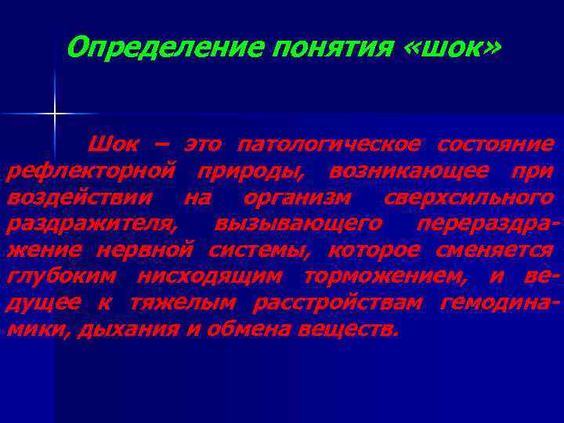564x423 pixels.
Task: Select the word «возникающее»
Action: [400, 172]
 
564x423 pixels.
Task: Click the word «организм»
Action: [298, 197]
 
